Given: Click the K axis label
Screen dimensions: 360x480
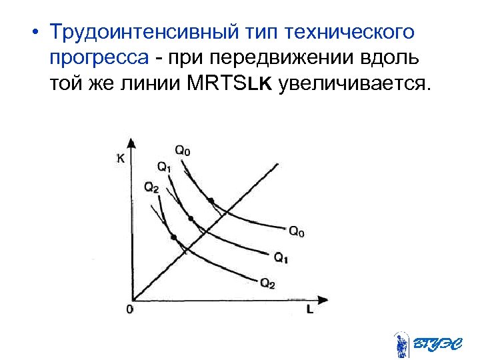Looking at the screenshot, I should click(120, 158).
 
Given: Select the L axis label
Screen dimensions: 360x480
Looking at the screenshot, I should click(310, 310).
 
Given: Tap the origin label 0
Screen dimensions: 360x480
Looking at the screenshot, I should click(129, 310).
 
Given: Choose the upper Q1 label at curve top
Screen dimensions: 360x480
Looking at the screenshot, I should click(164, 166).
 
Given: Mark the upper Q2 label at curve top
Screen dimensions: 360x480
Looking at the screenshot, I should click(151, 187).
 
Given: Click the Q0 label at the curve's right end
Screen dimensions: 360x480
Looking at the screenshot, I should click(297, 232).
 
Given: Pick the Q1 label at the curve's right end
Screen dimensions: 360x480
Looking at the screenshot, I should click(281, 257).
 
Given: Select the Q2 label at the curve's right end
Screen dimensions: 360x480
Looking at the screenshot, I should click(267, 283).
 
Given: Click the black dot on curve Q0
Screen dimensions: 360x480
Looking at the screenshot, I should click(211, 200).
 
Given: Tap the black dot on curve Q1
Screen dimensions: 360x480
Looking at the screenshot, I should click(191, 219).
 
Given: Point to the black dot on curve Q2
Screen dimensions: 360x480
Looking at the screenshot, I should click(174, 237).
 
